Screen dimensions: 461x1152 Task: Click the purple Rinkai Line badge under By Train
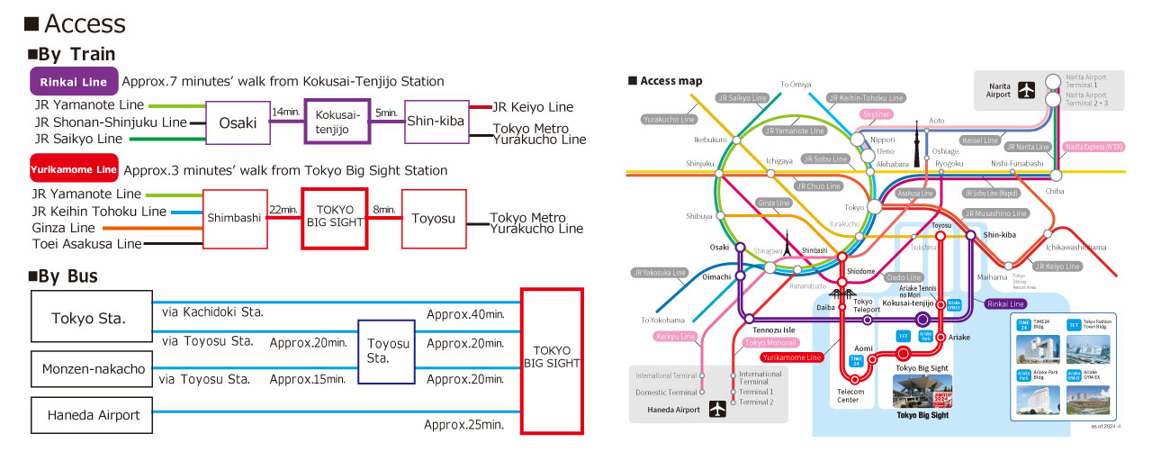pos(75,82)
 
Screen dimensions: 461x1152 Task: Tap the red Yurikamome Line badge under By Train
pos(75,169)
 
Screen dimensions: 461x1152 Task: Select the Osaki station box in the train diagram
pos(238,122)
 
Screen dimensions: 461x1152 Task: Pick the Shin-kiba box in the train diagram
pos(436,122)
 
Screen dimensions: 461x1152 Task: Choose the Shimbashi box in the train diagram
pos(235,219)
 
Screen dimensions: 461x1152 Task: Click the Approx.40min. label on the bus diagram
pos(464,314)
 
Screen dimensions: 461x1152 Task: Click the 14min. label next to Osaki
pos(285,112)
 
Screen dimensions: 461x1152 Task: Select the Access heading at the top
pos(76,23)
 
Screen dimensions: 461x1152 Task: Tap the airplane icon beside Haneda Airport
pos(717,410)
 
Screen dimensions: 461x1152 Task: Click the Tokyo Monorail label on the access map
pos(771,343)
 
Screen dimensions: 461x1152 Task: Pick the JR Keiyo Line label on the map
pos(1057,267)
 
